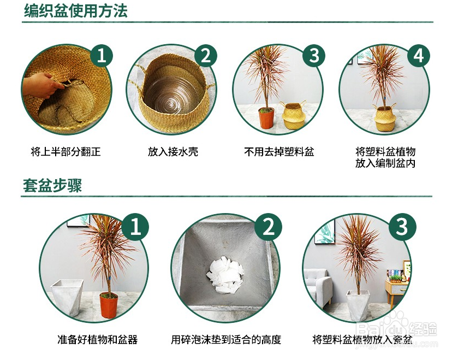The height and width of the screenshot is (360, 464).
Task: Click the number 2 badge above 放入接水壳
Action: [205, 56]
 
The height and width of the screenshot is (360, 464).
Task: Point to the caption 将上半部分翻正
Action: [66, 151]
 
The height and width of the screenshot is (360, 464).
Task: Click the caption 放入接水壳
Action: [172, 151]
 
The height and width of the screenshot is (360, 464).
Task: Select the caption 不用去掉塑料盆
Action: [279, 151]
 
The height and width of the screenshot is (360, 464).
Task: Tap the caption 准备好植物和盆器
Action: [97, 340]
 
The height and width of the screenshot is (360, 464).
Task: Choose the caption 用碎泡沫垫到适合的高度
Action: [226, 340]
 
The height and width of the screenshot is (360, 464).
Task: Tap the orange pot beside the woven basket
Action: [266, 118]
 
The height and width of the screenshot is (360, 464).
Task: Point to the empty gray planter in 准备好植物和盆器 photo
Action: [67, 298]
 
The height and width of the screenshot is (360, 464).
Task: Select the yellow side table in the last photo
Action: [396, 288]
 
